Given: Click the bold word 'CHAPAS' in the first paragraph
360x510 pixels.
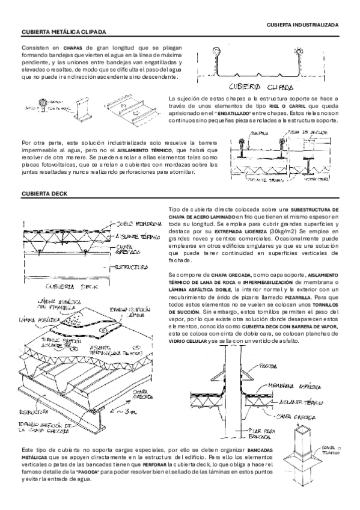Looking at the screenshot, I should tap(72, 47).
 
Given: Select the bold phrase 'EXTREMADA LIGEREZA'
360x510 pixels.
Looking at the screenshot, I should tap(246, 232).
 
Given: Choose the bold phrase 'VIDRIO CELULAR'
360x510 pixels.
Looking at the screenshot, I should tap(188, 341).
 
